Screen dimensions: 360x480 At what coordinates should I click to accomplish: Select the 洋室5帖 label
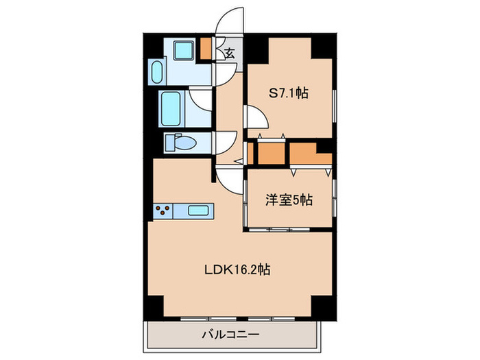[289, 200]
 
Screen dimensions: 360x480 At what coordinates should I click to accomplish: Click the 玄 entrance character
[229, 53]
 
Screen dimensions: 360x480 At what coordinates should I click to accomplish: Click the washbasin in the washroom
[155, 71]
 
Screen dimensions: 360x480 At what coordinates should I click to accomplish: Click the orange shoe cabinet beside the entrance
[206, 49]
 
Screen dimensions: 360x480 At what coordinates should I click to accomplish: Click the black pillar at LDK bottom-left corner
[156, 306]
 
